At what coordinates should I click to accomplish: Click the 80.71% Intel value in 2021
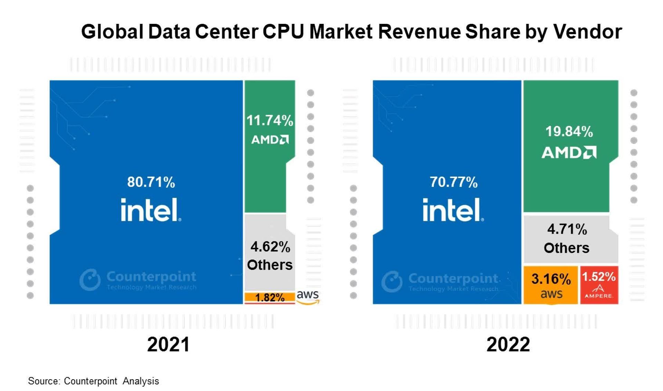click(151, 182)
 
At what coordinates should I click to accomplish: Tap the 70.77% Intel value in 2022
click(453, 182)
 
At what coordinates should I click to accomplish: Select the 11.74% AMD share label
click(270, 121)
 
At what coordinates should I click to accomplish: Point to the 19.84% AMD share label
click(569, 131)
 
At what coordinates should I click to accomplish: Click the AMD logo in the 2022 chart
click(569, 153)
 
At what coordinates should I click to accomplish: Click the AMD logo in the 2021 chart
click(270, 139)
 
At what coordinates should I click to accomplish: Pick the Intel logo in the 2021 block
click(151, 210)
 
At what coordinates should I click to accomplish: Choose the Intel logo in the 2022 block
click(453, 210)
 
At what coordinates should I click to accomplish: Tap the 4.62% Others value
click(270, 247)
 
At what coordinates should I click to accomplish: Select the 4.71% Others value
click(567, 229)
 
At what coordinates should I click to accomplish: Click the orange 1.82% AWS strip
click(270, 297)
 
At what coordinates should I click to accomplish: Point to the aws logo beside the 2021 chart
click(308, 297)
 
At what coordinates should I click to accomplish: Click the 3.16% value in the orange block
click(551, 279)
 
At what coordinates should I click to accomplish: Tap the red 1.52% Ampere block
click(599, 285)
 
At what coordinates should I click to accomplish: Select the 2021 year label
click(169, 344)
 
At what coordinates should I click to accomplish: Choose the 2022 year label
click(508, 344)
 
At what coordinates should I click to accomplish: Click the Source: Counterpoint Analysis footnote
click(93, 381)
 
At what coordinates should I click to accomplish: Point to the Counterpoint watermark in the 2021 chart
click(138, 280)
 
